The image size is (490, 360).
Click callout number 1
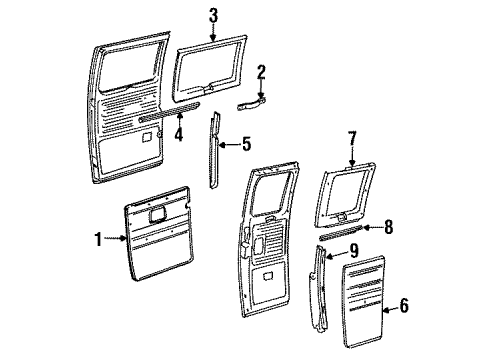click(98, 239)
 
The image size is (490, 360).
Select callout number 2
click(261, 73)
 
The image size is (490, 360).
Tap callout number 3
click(213, 16)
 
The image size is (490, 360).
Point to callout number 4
click(179, 135)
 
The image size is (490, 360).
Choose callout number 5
click(246, 144)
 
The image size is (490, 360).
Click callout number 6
click(404, 306)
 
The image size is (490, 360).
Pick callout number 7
click(352, 139)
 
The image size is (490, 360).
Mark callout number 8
click(388, 227)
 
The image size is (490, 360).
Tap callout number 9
click(354, 251)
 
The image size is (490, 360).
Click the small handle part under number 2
click(251, 103)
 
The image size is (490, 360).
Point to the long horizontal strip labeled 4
click(169, 113)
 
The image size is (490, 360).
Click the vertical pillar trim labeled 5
click(215, 150)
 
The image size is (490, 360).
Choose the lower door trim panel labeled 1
click(159, 233)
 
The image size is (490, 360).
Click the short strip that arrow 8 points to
click(340, 233)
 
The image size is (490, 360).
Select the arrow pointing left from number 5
click(229, 144)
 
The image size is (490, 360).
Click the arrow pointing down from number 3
click(213, 32)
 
